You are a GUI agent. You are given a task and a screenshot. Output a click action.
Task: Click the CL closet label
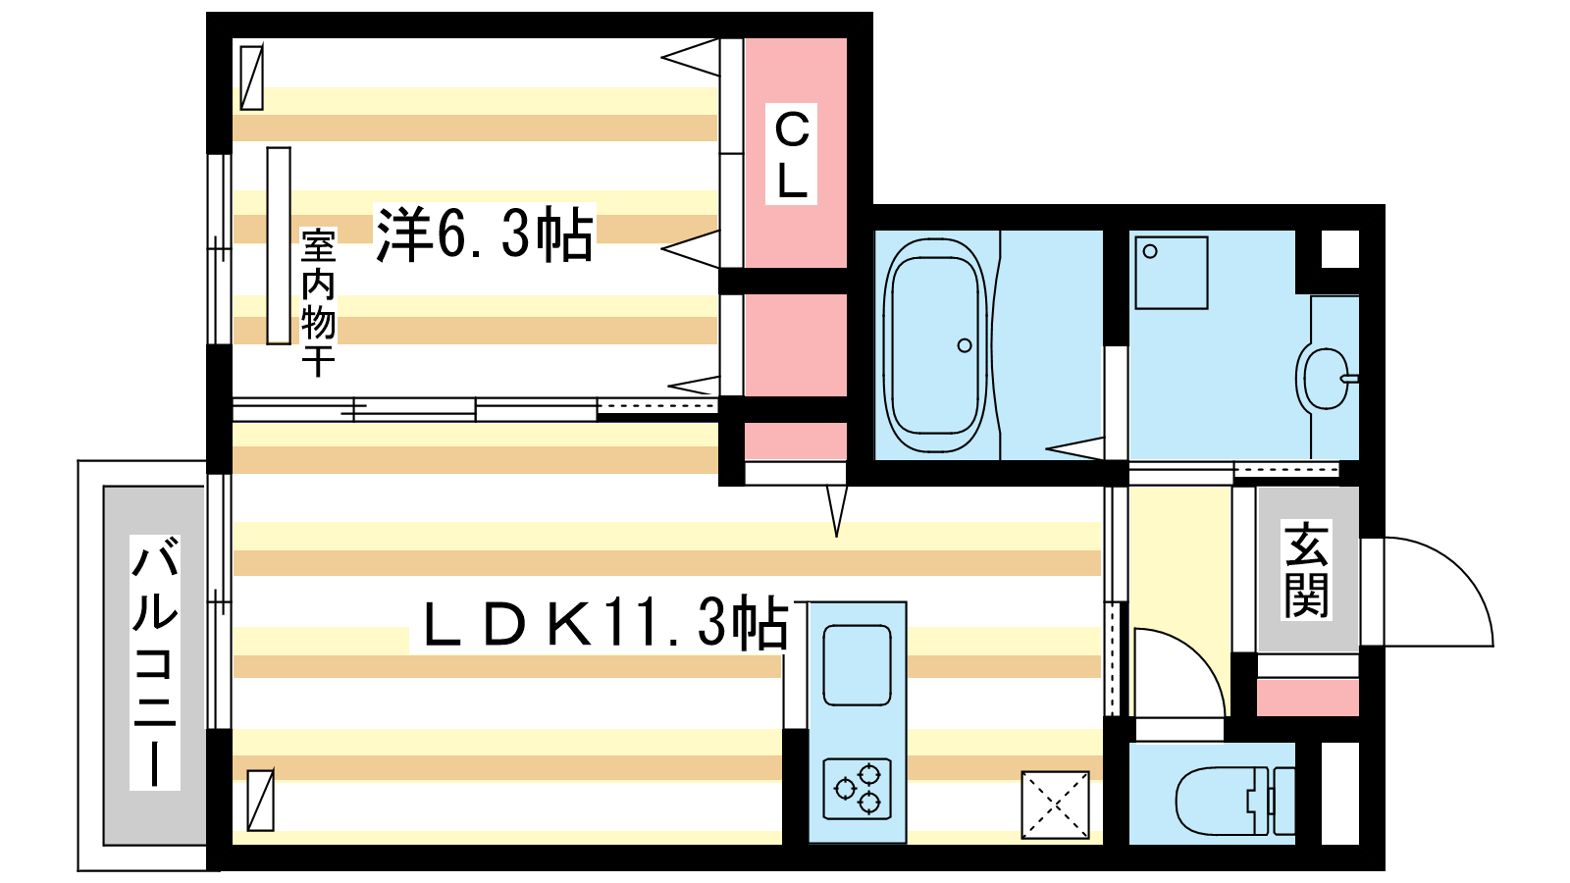791,155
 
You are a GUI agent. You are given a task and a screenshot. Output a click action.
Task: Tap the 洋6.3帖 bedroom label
485,234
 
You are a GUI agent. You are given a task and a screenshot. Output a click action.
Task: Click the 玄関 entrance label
1306,570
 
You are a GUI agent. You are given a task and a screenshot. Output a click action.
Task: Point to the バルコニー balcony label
155,661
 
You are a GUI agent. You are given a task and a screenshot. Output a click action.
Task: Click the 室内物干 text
318,302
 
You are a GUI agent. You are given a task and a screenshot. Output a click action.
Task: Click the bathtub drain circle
965,345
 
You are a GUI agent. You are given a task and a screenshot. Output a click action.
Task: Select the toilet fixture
1234,801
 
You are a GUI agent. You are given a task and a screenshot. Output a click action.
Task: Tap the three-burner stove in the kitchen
858,789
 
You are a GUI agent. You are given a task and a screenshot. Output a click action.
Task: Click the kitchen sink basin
858,665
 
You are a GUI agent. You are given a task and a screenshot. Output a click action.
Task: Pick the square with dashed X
1055,805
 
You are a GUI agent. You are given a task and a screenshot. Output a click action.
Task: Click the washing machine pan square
1172,273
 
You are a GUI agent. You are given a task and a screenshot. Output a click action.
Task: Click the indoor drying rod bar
279,245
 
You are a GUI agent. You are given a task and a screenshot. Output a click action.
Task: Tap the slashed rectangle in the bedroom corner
251,78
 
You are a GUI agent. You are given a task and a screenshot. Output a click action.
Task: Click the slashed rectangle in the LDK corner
261,800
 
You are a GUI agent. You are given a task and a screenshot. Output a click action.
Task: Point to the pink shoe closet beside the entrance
1308,698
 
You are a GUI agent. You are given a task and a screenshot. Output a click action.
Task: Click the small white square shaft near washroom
1340,249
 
